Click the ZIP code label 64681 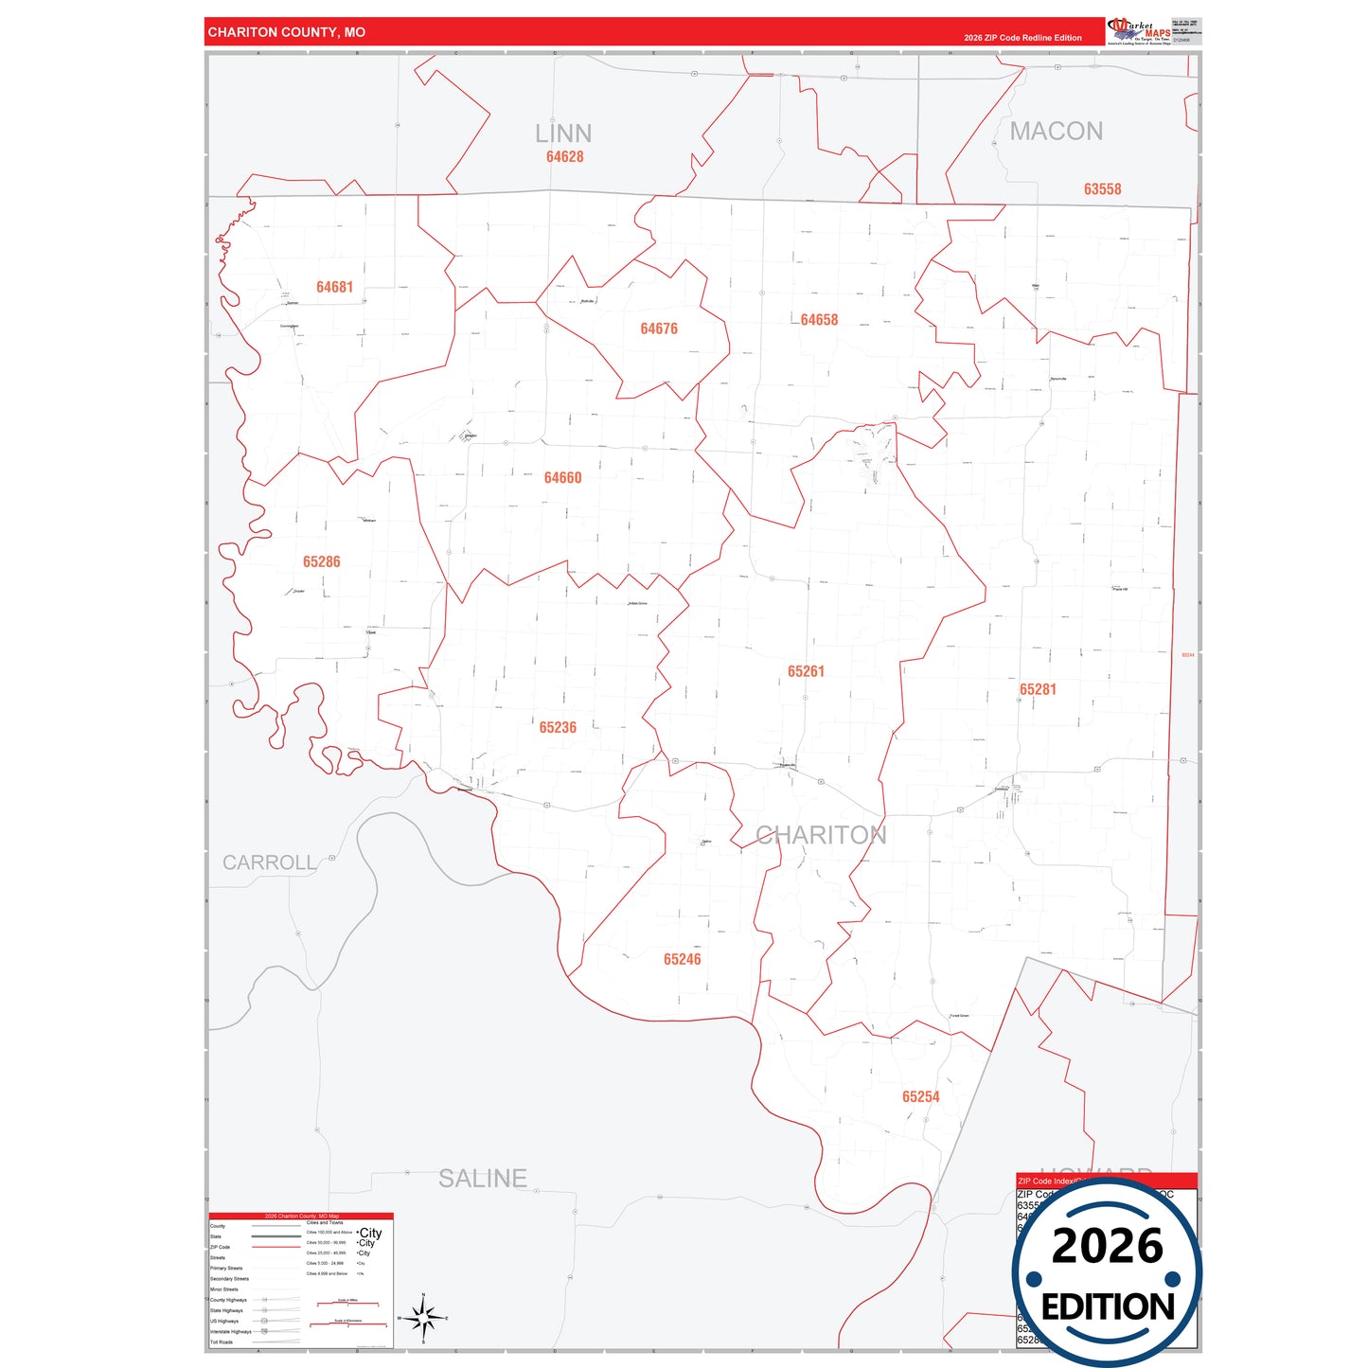(334, 287)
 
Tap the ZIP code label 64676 (659, 329)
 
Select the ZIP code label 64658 (819, 320)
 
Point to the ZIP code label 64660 (562, 478)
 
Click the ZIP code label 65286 (322, 561)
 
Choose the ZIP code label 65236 (558, 727)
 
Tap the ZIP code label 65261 (806, 671)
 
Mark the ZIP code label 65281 (1038, 689)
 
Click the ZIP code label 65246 (682, 959)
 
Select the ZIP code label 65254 (920, 1096)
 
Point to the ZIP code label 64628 (564, 157)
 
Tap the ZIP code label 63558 (1102, 189)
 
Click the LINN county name (563, 133)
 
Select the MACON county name (1056, 132)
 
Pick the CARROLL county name (270, 862)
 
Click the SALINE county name (483, 1178)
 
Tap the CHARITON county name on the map (821, 835)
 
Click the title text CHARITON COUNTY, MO (286, 32)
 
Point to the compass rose (423, 1317)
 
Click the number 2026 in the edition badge (1107, 1246)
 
